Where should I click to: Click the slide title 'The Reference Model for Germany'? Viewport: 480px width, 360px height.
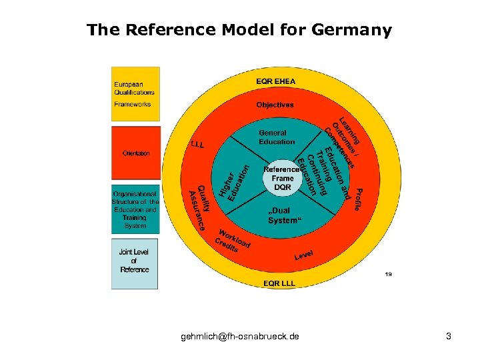239,30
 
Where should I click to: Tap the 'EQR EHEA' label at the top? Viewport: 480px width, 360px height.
275,81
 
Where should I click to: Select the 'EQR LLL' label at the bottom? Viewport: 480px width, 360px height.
279,283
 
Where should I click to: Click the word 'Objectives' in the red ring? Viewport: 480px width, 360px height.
275,105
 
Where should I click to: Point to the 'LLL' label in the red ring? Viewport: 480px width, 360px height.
197,145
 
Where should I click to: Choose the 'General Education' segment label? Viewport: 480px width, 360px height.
277,137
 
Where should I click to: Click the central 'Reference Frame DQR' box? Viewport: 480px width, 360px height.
283,178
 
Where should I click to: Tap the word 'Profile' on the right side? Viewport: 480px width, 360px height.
358,199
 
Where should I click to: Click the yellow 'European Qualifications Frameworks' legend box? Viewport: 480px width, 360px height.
135,94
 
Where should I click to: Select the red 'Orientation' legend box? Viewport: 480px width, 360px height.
135,153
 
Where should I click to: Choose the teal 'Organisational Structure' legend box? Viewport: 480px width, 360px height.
135,209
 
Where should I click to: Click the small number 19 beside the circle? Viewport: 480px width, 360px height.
388,273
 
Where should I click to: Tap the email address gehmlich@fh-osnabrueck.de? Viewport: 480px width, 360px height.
240,337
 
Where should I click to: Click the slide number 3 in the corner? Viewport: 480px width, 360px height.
449,337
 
